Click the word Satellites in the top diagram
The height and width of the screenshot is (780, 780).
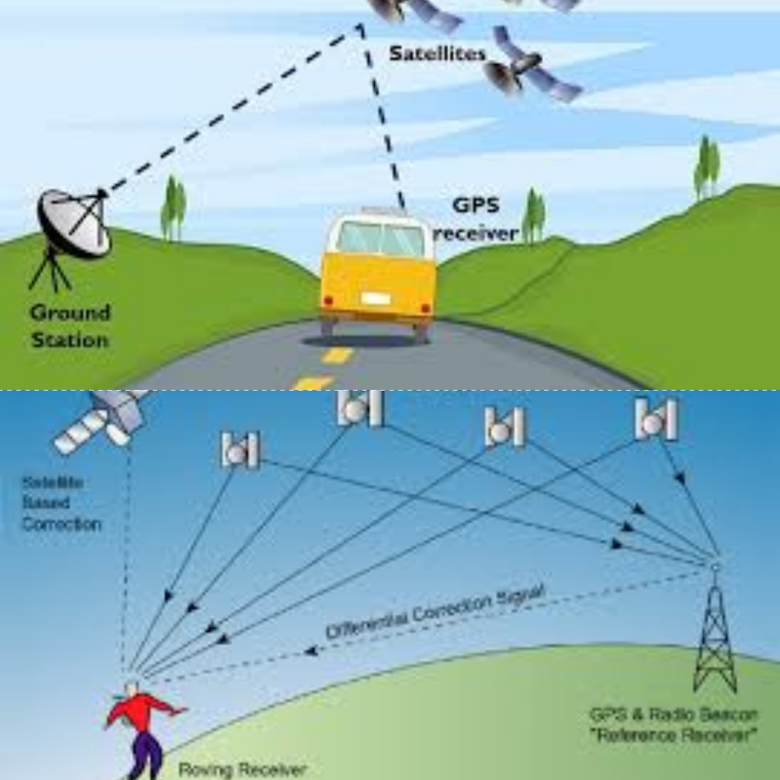[437, 53]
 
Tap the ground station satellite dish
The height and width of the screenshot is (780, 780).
[73, 222]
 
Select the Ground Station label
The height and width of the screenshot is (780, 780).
[70, 326]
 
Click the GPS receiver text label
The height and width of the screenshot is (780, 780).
[476, 219]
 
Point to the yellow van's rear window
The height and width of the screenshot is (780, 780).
[380, 239]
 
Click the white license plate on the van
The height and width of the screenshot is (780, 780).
[376, 298]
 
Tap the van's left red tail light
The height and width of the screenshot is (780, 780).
[328, 300]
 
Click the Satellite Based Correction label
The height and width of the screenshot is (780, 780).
[61, 503]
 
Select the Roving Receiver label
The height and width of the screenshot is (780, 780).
[242, 770]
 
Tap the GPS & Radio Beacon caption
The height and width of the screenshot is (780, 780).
[673, 725]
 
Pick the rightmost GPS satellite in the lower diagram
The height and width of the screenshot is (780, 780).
[656, 419]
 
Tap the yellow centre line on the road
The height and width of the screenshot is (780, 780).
[337, 356]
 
